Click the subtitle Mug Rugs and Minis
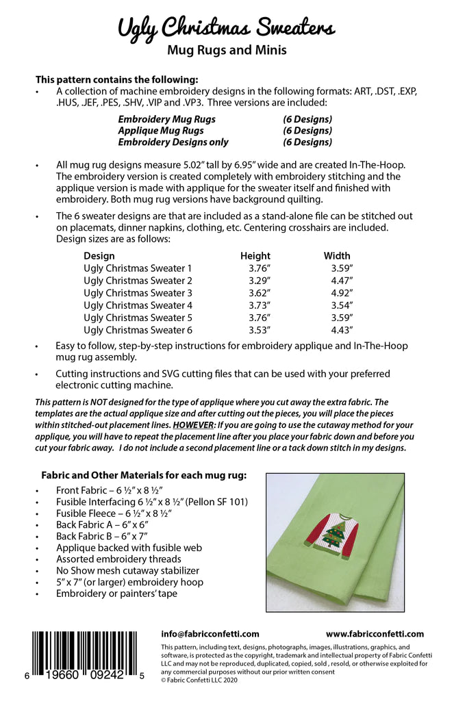coord(227,50)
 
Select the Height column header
coord(255,256)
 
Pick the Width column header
coord(337,256)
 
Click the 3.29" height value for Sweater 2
coord(260,281)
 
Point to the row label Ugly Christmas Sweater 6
coord(138,330)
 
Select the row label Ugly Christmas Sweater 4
coord(138,305)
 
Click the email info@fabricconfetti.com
coord(210,634)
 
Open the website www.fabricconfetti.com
coord(375,634)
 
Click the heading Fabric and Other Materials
coord(144,475)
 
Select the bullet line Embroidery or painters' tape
coord(116,594)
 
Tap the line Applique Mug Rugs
coord(161,131)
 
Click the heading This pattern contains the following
coord(116,79)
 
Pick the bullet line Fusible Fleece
coord(114,513)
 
